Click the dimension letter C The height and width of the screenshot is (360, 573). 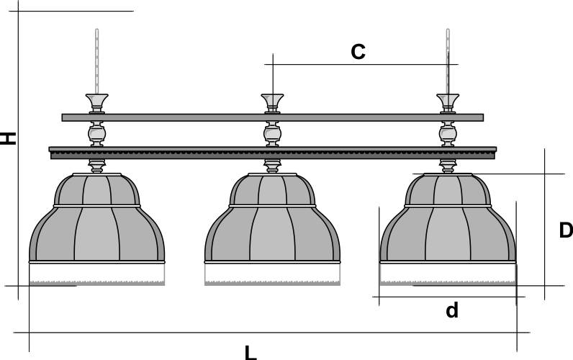click(358, 52)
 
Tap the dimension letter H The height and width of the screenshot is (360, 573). click(8, 138)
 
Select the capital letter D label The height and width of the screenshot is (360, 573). click(566, 230)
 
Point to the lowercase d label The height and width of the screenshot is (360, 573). click(451, 310)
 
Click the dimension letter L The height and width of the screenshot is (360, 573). click(250, 352)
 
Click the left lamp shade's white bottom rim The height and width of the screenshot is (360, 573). click(96, 273)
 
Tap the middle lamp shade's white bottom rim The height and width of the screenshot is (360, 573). click(272, 273)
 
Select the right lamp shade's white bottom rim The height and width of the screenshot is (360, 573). click(448, 273)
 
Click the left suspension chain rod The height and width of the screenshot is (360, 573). click(96, 61)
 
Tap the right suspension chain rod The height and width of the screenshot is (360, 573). click(448, 61)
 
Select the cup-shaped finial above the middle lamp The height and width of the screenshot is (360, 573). click(272, 100)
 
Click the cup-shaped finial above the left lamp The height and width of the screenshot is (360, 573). click(96, 100)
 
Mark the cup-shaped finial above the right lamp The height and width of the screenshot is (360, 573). click(448, 100)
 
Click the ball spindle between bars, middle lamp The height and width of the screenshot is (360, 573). click(272, 134)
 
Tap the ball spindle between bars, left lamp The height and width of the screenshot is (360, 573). click(96, 134)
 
